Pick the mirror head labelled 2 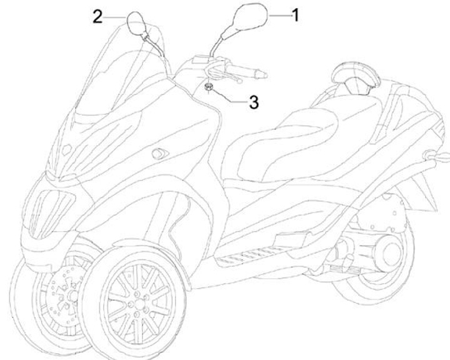tap(137, 23)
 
